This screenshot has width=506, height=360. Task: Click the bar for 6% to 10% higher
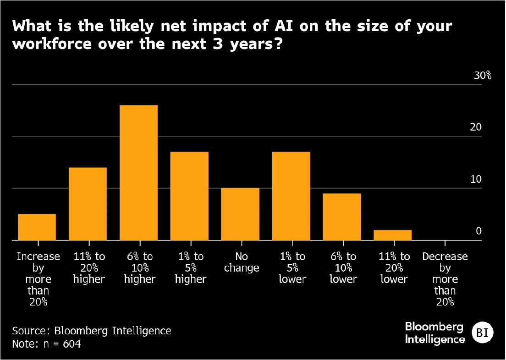(x=138, y=173)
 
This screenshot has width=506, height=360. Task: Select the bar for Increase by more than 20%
(x=37, y=227)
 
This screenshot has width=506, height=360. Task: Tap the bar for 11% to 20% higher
(x=88, y=204)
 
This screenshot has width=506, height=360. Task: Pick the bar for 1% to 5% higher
(x=189, y=196)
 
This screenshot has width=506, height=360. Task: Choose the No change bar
(x=240, y=214)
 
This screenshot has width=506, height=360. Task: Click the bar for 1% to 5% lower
(x=291, y=196)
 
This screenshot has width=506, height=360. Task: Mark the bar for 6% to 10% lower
(x=342, y=217)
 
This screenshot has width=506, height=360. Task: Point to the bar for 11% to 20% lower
(x=392, y=235)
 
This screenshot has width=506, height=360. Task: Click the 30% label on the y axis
(x=482, y=76)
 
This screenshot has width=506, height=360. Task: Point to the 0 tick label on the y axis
(x=478, y=231)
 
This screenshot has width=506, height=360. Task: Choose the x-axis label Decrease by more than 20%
(x=445, y=279)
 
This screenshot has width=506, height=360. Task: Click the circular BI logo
(x=482, y=333)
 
